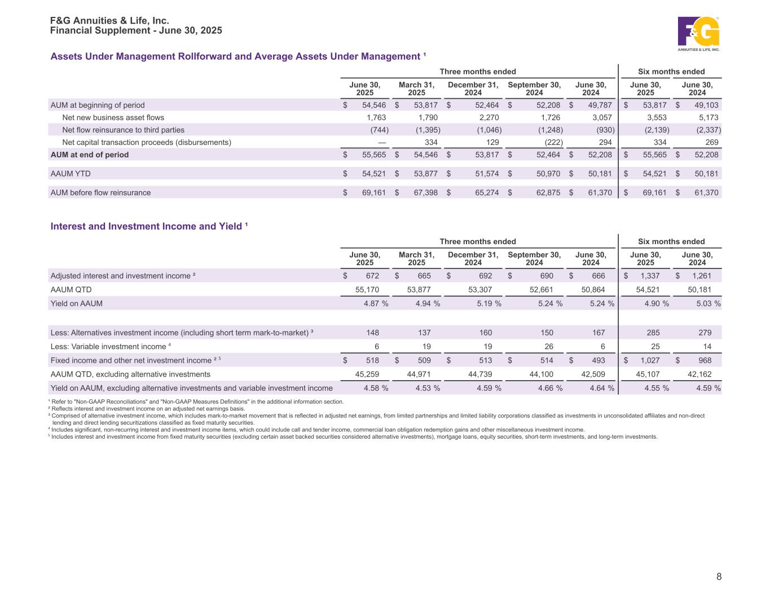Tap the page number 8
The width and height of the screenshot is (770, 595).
pyautogui.click(x=719, y=576)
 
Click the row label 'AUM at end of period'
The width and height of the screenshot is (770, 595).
pyautogui.click(x=90, y=155)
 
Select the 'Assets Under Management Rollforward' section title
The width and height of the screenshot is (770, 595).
pyautogui.click(x=237, y=56)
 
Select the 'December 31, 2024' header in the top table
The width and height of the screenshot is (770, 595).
pyautogui.click(x=473, y=89)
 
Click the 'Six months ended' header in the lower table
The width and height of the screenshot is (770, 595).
pyautogui.click(x=671, y=241)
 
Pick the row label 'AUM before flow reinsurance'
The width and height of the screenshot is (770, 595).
pyautogui.click(x=100, y=193)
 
